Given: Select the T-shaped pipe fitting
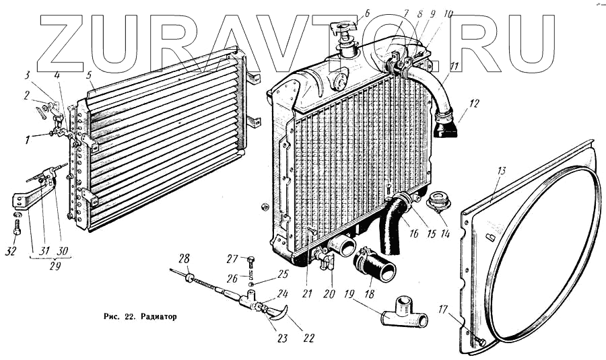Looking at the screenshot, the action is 405,313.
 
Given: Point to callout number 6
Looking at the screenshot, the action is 367,12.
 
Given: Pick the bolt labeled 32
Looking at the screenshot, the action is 17,223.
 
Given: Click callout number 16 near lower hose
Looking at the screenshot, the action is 413,234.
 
